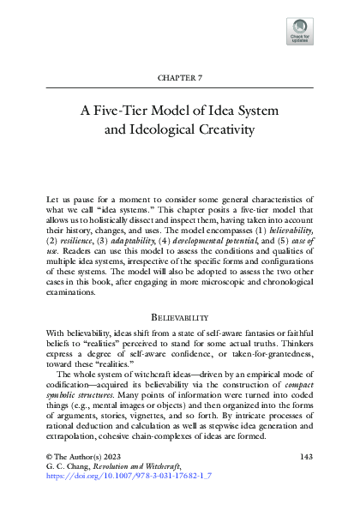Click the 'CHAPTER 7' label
180,78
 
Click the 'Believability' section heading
180,315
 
